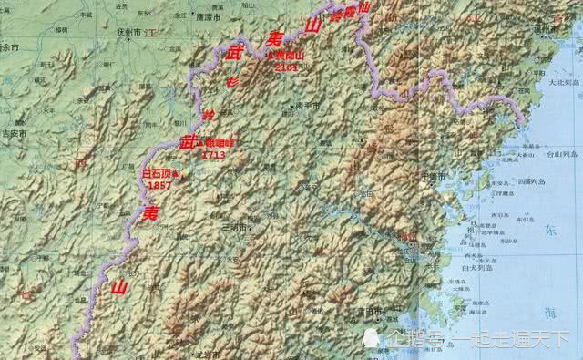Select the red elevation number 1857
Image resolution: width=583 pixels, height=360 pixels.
click(159, 184)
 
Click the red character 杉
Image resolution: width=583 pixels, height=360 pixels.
click(231, 81)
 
